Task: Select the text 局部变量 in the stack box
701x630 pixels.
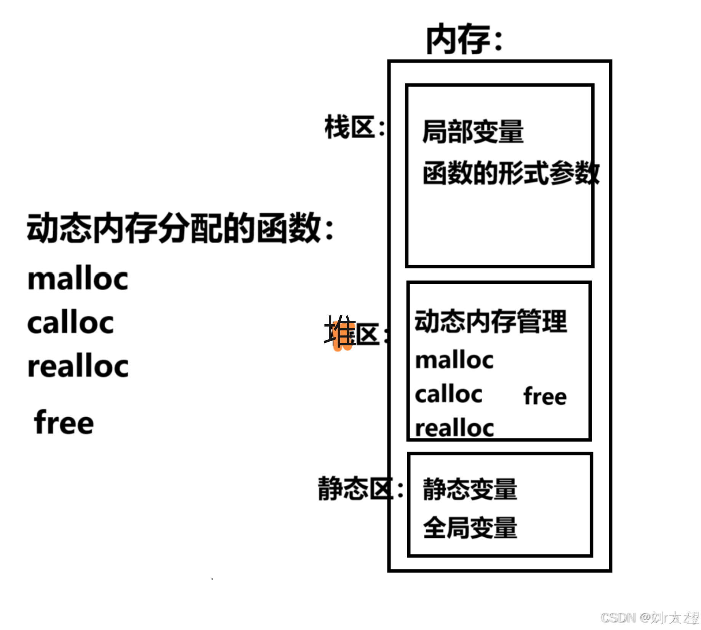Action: pos(473,132)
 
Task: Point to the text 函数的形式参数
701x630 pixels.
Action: pos(511,173)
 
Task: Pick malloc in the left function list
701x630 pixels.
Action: pos(78,279)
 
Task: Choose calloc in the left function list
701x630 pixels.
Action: pos(70,323)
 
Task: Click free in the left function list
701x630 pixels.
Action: pos(64,422)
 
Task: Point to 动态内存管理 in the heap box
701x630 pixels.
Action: pos(491,321)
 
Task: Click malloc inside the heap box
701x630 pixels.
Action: pos(454,360)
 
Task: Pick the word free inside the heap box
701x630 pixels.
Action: pos(545,396)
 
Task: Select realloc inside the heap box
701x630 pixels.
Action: pos(454,428)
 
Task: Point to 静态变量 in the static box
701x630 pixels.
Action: pos(470,489)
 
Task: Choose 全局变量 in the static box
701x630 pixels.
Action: pos(470,528)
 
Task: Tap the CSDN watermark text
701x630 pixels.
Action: pos(649,617)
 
